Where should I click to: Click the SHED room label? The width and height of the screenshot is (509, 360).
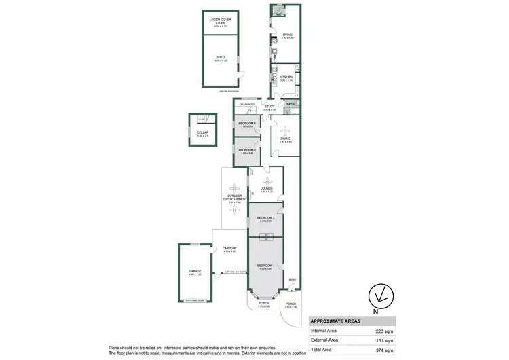[x=220, y=58]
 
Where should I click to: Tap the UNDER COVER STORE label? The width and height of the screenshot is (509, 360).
[x=220, y=21]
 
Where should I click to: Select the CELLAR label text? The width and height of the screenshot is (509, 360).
[x=202, y=132]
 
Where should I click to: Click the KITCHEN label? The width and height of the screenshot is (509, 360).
[x=286, y=77]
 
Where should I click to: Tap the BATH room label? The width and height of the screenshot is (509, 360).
[x=290, y=104]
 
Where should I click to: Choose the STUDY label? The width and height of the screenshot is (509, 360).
[x=269, y=106]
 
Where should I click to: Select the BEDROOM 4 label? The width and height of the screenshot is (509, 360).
[x=246, y=123]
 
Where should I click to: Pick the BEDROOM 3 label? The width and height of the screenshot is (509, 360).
[x=246, y=149]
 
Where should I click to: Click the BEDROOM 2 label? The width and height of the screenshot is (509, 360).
[x=265, y=217]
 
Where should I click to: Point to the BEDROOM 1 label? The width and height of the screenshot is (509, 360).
[x=265, y=265]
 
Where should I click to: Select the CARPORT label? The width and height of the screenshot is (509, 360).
[x=229, y=249]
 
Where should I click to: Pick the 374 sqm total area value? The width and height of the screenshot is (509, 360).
[x=385, y=349]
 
